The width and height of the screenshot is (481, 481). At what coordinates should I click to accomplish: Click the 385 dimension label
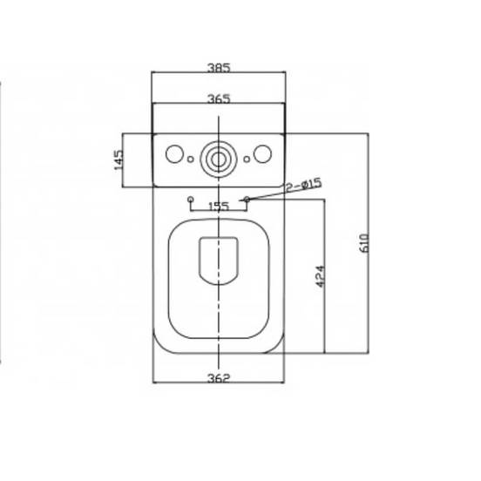219,67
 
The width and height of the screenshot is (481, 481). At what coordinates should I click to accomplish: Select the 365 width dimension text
219,98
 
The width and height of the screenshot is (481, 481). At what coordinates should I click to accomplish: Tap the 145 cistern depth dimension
119,159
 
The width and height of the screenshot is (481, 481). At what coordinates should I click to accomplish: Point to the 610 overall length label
364,243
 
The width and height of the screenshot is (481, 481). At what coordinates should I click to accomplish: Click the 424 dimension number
320,276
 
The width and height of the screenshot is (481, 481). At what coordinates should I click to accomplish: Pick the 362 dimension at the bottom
219,378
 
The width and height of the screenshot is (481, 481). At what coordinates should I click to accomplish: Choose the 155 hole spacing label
219,207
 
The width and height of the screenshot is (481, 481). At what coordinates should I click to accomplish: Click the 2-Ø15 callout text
304,185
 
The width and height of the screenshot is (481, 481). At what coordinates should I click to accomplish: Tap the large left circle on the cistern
174,153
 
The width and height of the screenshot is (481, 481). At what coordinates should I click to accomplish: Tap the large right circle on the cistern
262,153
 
